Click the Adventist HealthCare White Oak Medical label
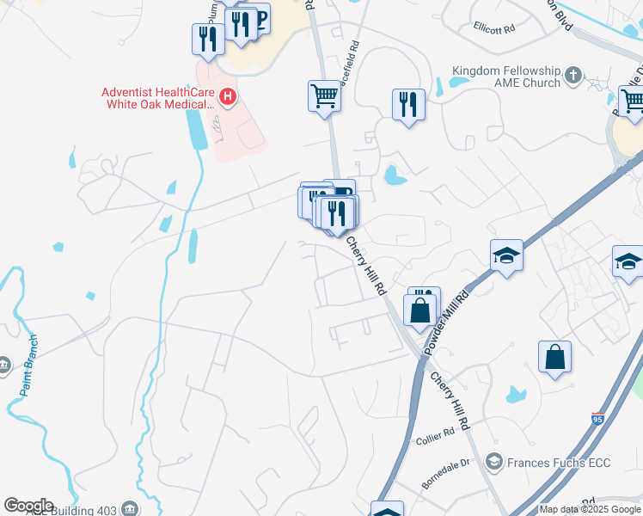click(x=157, y=98)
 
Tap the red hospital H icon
click(x=228, y=96)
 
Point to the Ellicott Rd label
click(x=493, y=28)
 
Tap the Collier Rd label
click(x=434, y=437)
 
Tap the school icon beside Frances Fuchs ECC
click(x=493, y=463)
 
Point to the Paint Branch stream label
click(x=29, y=378)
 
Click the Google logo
click(x=28, y=506)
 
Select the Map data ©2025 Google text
click(x=589, y=509)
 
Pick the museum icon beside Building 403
click(x=130, y=508)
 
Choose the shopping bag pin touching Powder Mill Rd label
click(x=420, y=310)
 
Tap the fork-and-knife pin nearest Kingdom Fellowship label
click(x=408, y=105)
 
